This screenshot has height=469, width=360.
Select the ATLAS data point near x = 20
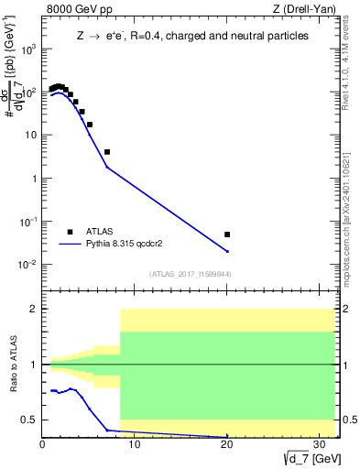(227, 234)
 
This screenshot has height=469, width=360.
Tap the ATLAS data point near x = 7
(107, 152)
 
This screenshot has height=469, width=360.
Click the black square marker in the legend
(70, 232)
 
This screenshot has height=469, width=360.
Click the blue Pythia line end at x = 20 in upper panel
(227, 251)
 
